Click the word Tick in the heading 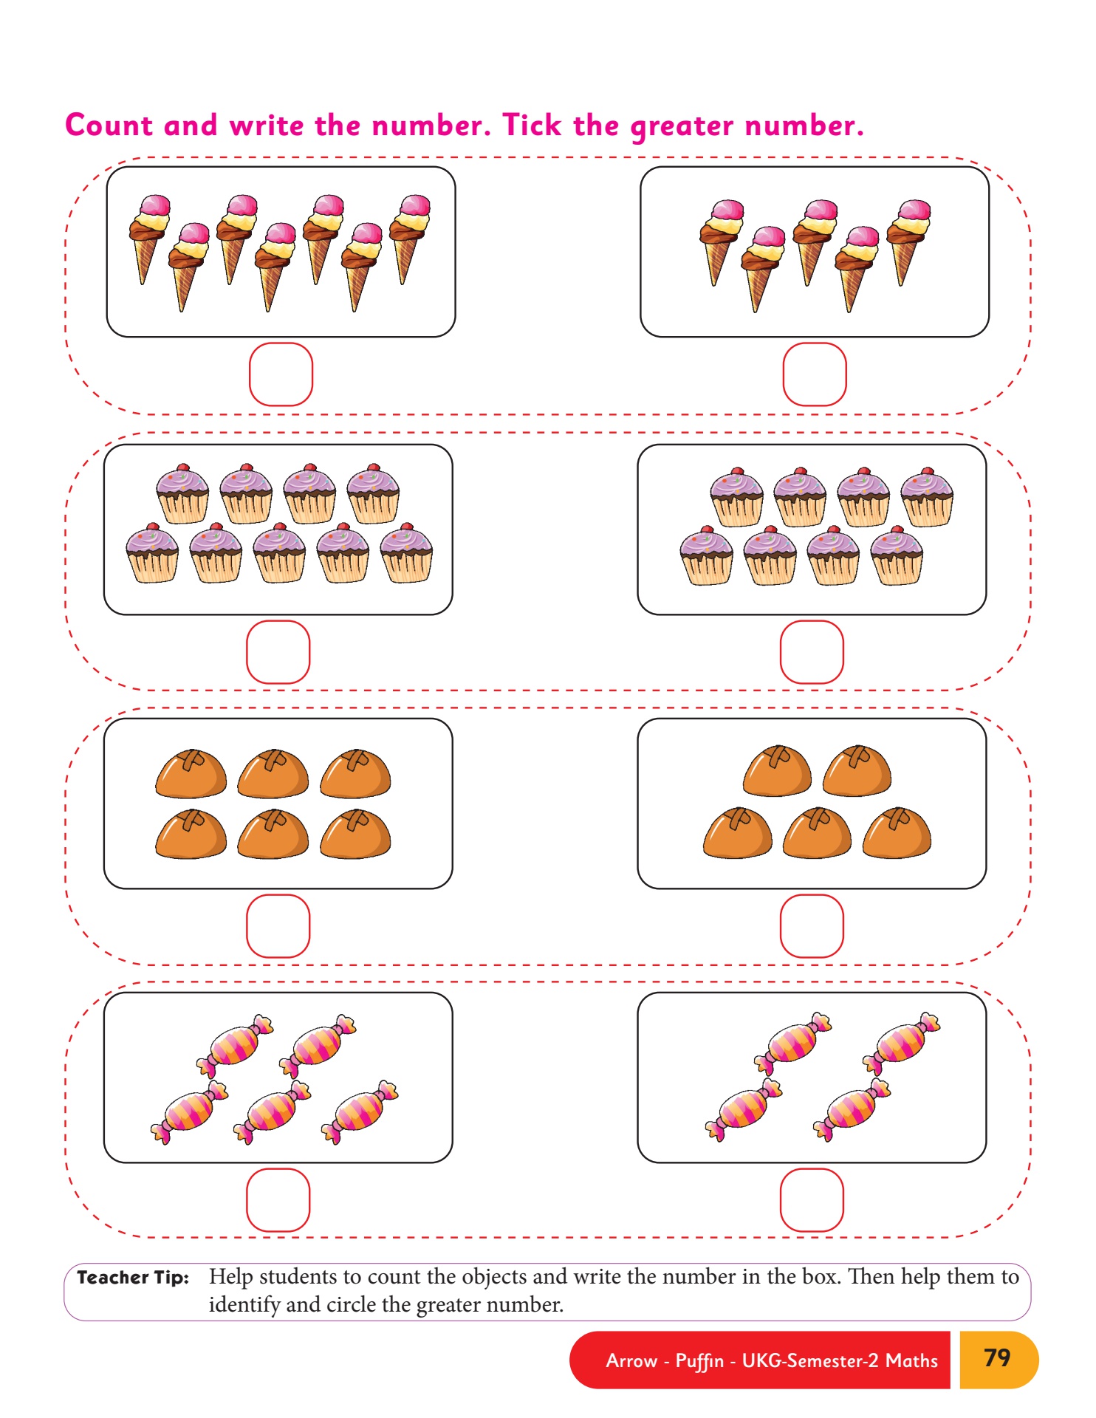tap(532, 126)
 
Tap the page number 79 tap(997, 1357)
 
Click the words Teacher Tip tap(133, 1278)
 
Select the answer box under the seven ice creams tap(281, 374)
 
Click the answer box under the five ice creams tap(814, 374)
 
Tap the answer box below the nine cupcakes tap(278, 652)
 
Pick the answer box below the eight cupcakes tap(812, 652)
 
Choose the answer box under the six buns tap(278, 926)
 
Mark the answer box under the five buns tap(812, 926)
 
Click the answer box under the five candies tap(278, 1200)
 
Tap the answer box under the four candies tap(812, 1200)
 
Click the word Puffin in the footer tap(699, 1361)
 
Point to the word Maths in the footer tap(911, 1360)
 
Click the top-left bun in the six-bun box tap(191, 774)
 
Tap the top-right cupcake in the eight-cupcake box tap(927, 496)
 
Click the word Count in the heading tap(109, 126)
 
